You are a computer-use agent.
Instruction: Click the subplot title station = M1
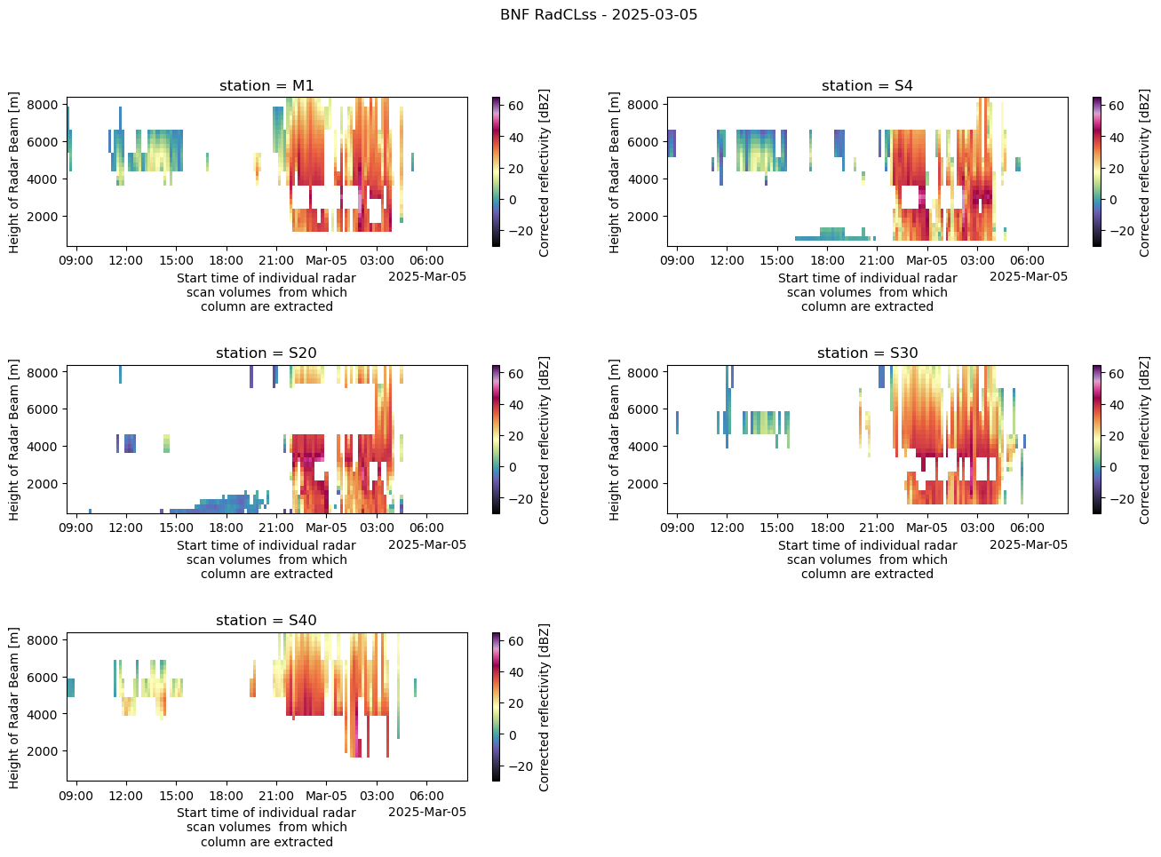(266, 86)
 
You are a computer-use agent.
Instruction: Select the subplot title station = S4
(867, 86)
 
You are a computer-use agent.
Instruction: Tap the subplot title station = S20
(266, 353)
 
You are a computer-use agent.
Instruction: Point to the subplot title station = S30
(867, 353)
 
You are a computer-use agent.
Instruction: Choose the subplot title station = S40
(266, 621)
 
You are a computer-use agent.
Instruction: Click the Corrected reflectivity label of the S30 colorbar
(1145, 440)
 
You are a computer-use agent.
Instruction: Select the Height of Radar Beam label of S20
(15, 440)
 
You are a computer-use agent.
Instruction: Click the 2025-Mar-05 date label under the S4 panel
(1029, 276)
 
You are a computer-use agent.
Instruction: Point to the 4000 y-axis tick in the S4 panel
(645, 179)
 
